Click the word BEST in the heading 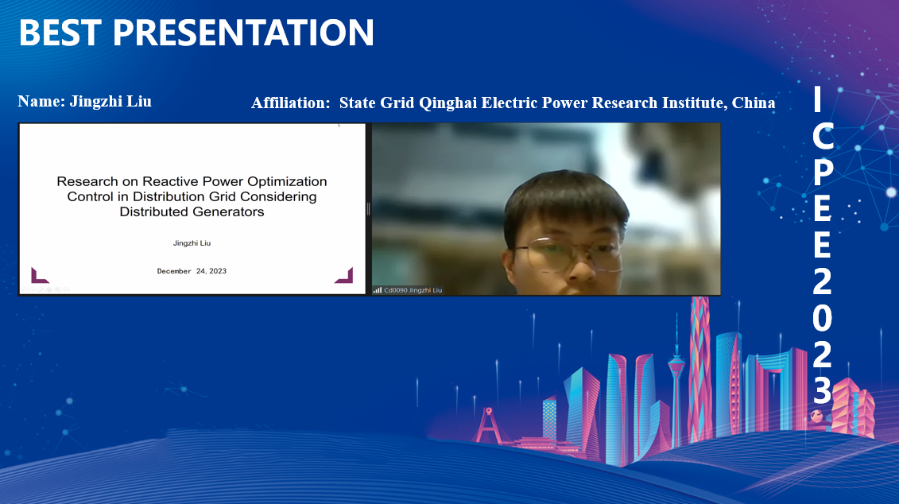click(60, 32)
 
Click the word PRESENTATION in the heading click(243, 32)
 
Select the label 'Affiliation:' click(291, 103)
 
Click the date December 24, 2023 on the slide click(192, 270)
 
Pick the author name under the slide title click(192, 243)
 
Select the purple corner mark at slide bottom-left click(38, 277)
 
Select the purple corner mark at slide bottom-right click(345, 276)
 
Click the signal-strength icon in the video click(378, 290)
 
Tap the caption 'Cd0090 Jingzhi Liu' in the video click(413, 290)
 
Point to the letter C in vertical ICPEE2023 click(822, 137)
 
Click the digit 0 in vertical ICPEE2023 click(822, 317)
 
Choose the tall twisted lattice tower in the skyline click(699, 367)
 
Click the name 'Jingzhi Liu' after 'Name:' click(110, 102)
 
